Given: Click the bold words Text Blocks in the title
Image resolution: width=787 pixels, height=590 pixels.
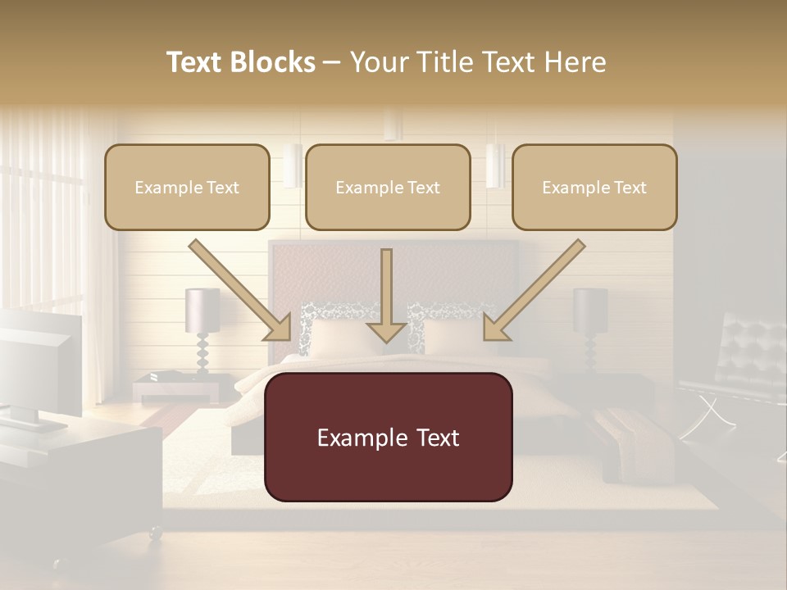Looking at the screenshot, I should [241, 62].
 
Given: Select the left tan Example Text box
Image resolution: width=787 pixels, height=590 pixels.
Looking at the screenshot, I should [187, 187].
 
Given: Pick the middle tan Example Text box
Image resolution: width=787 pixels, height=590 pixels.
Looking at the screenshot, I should [388, 187].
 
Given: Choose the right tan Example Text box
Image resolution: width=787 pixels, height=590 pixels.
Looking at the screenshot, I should [594, 187].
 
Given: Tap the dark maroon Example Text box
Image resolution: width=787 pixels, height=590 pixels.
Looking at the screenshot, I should [388, 438].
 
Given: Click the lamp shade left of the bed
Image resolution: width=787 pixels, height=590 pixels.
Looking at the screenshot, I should [202, 310].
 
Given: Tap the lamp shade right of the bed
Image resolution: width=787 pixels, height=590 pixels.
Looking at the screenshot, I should [590, 310].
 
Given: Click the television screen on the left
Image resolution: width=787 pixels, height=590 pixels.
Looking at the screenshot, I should [37, 361].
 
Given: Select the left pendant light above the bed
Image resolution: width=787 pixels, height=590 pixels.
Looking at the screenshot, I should [293, 166].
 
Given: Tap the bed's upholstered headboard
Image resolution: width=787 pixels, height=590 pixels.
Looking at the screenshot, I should [393, 270].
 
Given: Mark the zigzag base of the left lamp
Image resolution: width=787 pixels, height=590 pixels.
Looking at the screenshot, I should [202, 354].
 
